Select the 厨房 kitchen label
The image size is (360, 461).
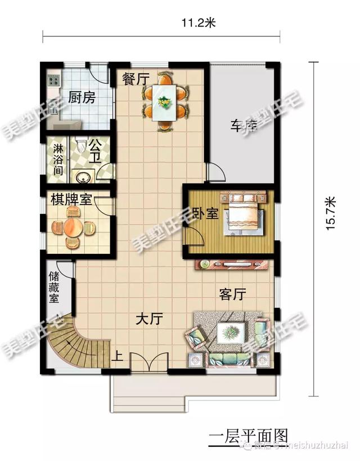pyautogui.click(x=82, y=98)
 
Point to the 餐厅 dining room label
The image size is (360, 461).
pyautogui.click(x=136, y=79)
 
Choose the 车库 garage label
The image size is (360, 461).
pyautogui.click(x=243, y=126)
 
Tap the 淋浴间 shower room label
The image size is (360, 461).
pyautogui.click(x=58, y=159)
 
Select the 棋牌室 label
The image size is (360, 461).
pyautogui.click(x=70, y=201)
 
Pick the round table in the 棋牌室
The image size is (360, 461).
pyautogui.click(x=72, y=228)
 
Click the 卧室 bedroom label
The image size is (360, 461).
pyautogui.click(x=205, y=214)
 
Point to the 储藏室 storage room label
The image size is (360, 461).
pyautogui.click(x=55, y=287)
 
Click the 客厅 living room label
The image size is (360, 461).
pyautogui.click(x=233, y=294)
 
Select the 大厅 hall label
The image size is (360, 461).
pyautogui.click(x=149, y=320)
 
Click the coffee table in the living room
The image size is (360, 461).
pyautogui.click(x=231, y=333)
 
